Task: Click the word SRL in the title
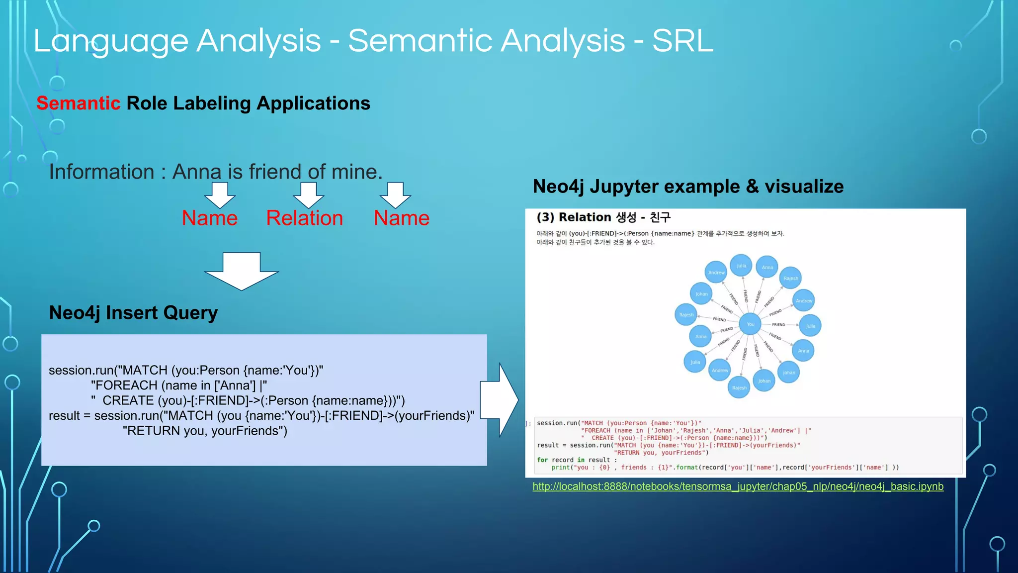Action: click(682, 41)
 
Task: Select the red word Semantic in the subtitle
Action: click(78, 103)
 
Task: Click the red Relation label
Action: click(304, 218)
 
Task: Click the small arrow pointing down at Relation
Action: click(308, 194)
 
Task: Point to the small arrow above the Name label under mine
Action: click(395, 194)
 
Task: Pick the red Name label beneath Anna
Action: click(209, 218)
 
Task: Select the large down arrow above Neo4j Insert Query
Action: click(242, 271)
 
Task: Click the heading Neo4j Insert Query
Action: click(133, 313)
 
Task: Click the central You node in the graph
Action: click(750, 324)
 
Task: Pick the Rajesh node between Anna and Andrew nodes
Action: click(790, 278)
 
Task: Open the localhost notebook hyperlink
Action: click(738, 486)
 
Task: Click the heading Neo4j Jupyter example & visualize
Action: click(688, 187)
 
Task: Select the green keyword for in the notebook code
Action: click(542, 460)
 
